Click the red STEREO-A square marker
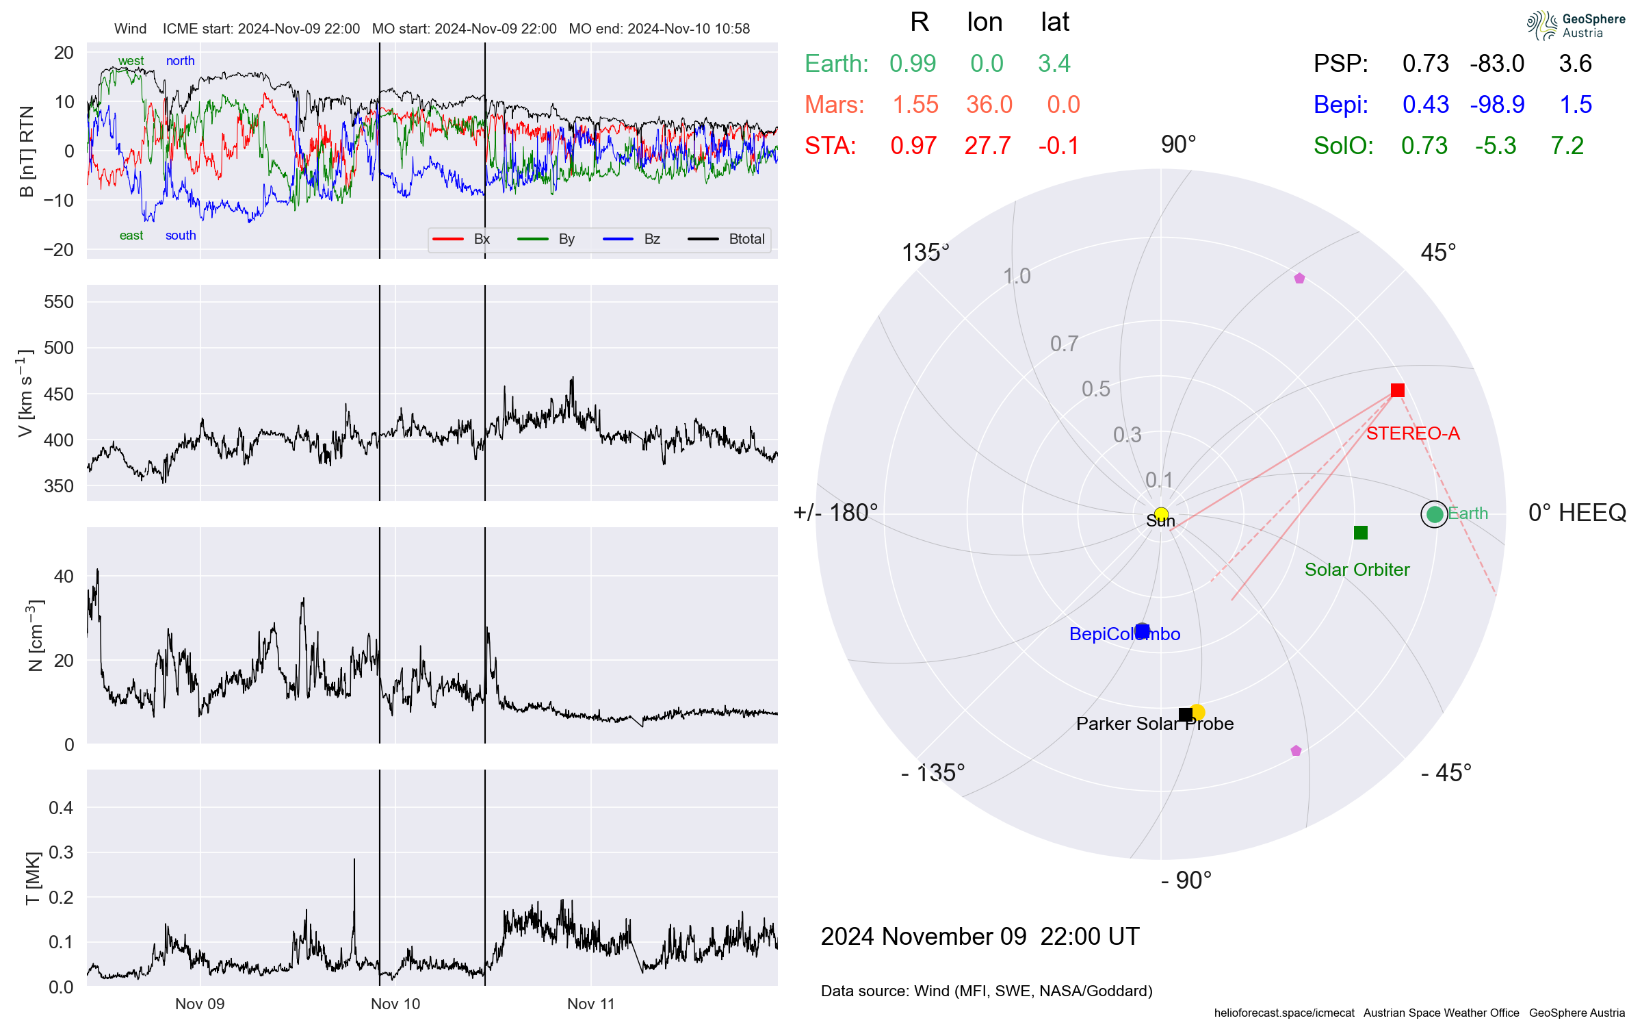click(1397, 390)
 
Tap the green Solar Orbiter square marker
click(1361, 533)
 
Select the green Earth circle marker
click(1435, 514)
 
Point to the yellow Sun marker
click(1161, 514)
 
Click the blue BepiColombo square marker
click(1142, 631)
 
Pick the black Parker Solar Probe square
click(1186, 715)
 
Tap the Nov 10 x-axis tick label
click(395, 1004)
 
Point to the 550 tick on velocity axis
click(59, 302)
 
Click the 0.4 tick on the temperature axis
click(61, 808)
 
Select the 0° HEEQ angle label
click(1576, 513)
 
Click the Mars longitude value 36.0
click(989, 105)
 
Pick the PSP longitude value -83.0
click(1496, 64)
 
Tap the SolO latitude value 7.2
click(1567, 146)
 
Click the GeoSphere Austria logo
click(1575, 25)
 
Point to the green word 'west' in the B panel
click(131, 61)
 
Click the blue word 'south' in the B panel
click(181, 236)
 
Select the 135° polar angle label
click(925, 253)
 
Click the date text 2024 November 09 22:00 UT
click(980, 936)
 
